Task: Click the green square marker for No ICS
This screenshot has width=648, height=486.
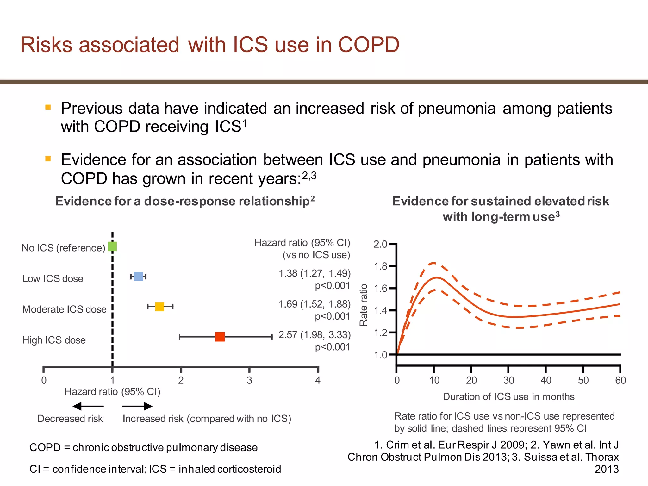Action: point(112,246)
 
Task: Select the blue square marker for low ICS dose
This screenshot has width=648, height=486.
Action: point(138,276)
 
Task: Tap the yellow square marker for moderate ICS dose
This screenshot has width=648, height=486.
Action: point(159,306)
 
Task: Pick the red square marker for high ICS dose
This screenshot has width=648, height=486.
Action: point(220,337)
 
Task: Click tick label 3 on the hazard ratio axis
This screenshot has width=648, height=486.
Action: point(249,380)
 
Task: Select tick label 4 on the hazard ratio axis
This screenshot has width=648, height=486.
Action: point(318,380)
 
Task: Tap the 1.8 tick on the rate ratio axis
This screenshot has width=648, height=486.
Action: point(381,266)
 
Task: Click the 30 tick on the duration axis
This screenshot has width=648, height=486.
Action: point(508,380)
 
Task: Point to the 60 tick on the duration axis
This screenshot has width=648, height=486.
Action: point(620,380)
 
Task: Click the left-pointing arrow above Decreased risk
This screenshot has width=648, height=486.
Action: point(88,406)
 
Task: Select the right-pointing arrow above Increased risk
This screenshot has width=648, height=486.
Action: point(137,406)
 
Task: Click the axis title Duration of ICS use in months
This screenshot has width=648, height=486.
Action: point(508,396)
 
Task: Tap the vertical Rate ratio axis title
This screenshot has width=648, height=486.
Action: point(364,305)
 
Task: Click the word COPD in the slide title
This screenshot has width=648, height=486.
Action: point(369,44)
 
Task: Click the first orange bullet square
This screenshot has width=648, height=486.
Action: point(48,107)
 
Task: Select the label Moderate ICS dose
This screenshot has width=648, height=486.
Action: point(64,309)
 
